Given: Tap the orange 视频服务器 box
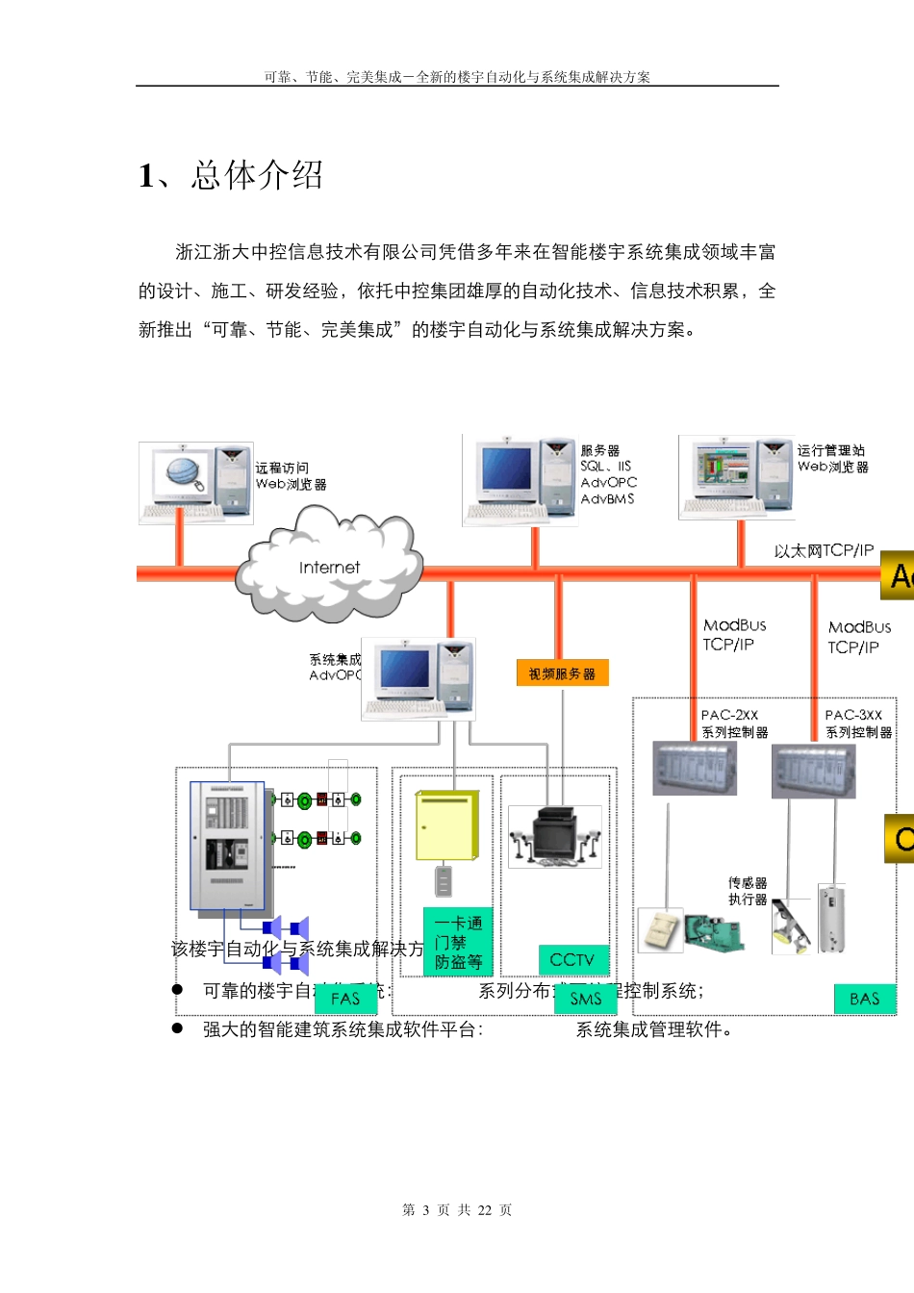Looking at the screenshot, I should click(562, 673).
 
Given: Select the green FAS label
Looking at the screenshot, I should click(344, 999).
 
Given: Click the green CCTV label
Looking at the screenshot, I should click(571, 959).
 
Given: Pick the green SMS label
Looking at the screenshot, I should click(585, 999).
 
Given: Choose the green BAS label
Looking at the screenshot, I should click(864, 999).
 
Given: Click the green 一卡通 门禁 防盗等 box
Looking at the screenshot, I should click(458, 942).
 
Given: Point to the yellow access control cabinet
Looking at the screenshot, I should click(446, 825).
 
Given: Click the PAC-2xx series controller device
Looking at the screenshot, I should click(695, 769).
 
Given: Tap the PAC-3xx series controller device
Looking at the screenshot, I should click(813, 771).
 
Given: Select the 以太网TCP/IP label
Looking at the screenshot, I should click(824, 550).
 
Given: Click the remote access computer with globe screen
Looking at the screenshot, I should click(196, 483).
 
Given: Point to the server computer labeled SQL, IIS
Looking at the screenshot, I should click(520, 480).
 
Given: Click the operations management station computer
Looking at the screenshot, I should click(736, 477).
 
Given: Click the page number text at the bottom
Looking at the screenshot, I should click(457, 1209).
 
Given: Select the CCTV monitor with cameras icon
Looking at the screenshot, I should click(555, 837).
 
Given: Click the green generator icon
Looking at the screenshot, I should click(713, 932).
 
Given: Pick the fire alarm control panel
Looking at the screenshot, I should click(227, 846).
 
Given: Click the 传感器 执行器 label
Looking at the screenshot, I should click(748, 891).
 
